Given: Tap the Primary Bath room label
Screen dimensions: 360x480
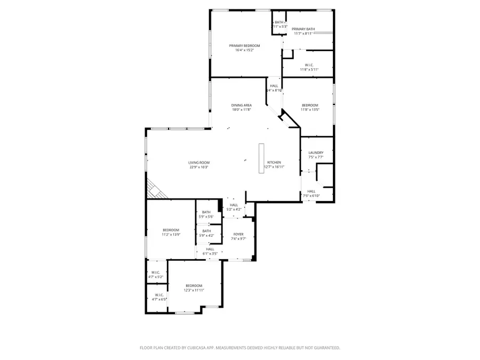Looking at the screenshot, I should [x=303, y=29].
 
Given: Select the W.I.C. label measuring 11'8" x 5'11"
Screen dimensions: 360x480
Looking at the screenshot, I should [x=309, y=65].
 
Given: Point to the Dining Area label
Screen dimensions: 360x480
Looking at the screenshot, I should [x=242, y=105].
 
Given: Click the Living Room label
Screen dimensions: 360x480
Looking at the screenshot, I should [x=198, y=163].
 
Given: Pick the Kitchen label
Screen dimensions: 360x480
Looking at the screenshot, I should [x=274, y=163].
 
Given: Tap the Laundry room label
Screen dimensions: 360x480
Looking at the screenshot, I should [x=316, y=153].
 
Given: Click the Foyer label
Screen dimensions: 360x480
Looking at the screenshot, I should [x=238, y=234].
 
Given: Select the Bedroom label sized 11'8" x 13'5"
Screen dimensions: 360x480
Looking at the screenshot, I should [x=310, y=105].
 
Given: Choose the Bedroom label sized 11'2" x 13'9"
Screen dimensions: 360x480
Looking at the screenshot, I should [x=171, y=230].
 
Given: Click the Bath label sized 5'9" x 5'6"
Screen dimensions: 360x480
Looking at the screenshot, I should [x=206, y=212].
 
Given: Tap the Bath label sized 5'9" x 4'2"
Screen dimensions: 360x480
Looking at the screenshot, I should [x=206, y=231].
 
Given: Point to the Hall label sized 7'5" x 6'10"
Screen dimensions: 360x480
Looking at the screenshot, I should [x=311, y=191].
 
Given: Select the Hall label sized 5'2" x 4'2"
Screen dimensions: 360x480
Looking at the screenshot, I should [x=234, y=205].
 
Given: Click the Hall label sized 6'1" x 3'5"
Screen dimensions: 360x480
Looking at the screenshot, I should [x=210, y=249].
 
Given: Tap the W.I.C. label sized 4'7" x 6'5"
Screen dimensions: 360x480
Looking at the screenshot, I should [x=159, y=295].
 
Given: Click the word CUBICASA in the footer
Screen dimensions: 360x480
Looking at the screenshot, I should [x=198, y=348].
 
